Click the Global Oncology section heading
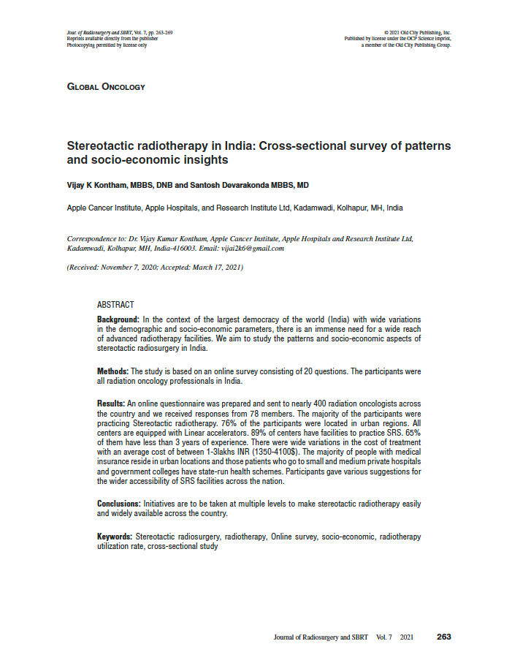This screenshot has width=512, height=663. tap(106, 87)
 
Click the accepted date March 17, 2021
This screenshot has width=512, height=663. tap(213, 268)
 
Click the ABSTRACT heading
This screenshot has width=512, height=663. tap(115, 304)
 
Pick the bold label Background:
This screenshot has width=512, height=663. tap(118, 320)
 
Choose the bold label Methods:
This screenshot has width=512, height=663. tap(112, 371)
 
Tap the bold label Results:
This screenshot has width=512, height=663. tap(111, 404)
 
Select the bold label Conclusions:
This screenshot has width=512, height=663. tap(119, 504)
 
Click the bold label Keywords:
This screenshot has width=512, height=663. tap(115, 537)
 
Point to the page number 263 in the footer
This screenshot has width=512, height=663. tap(443, 637)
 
